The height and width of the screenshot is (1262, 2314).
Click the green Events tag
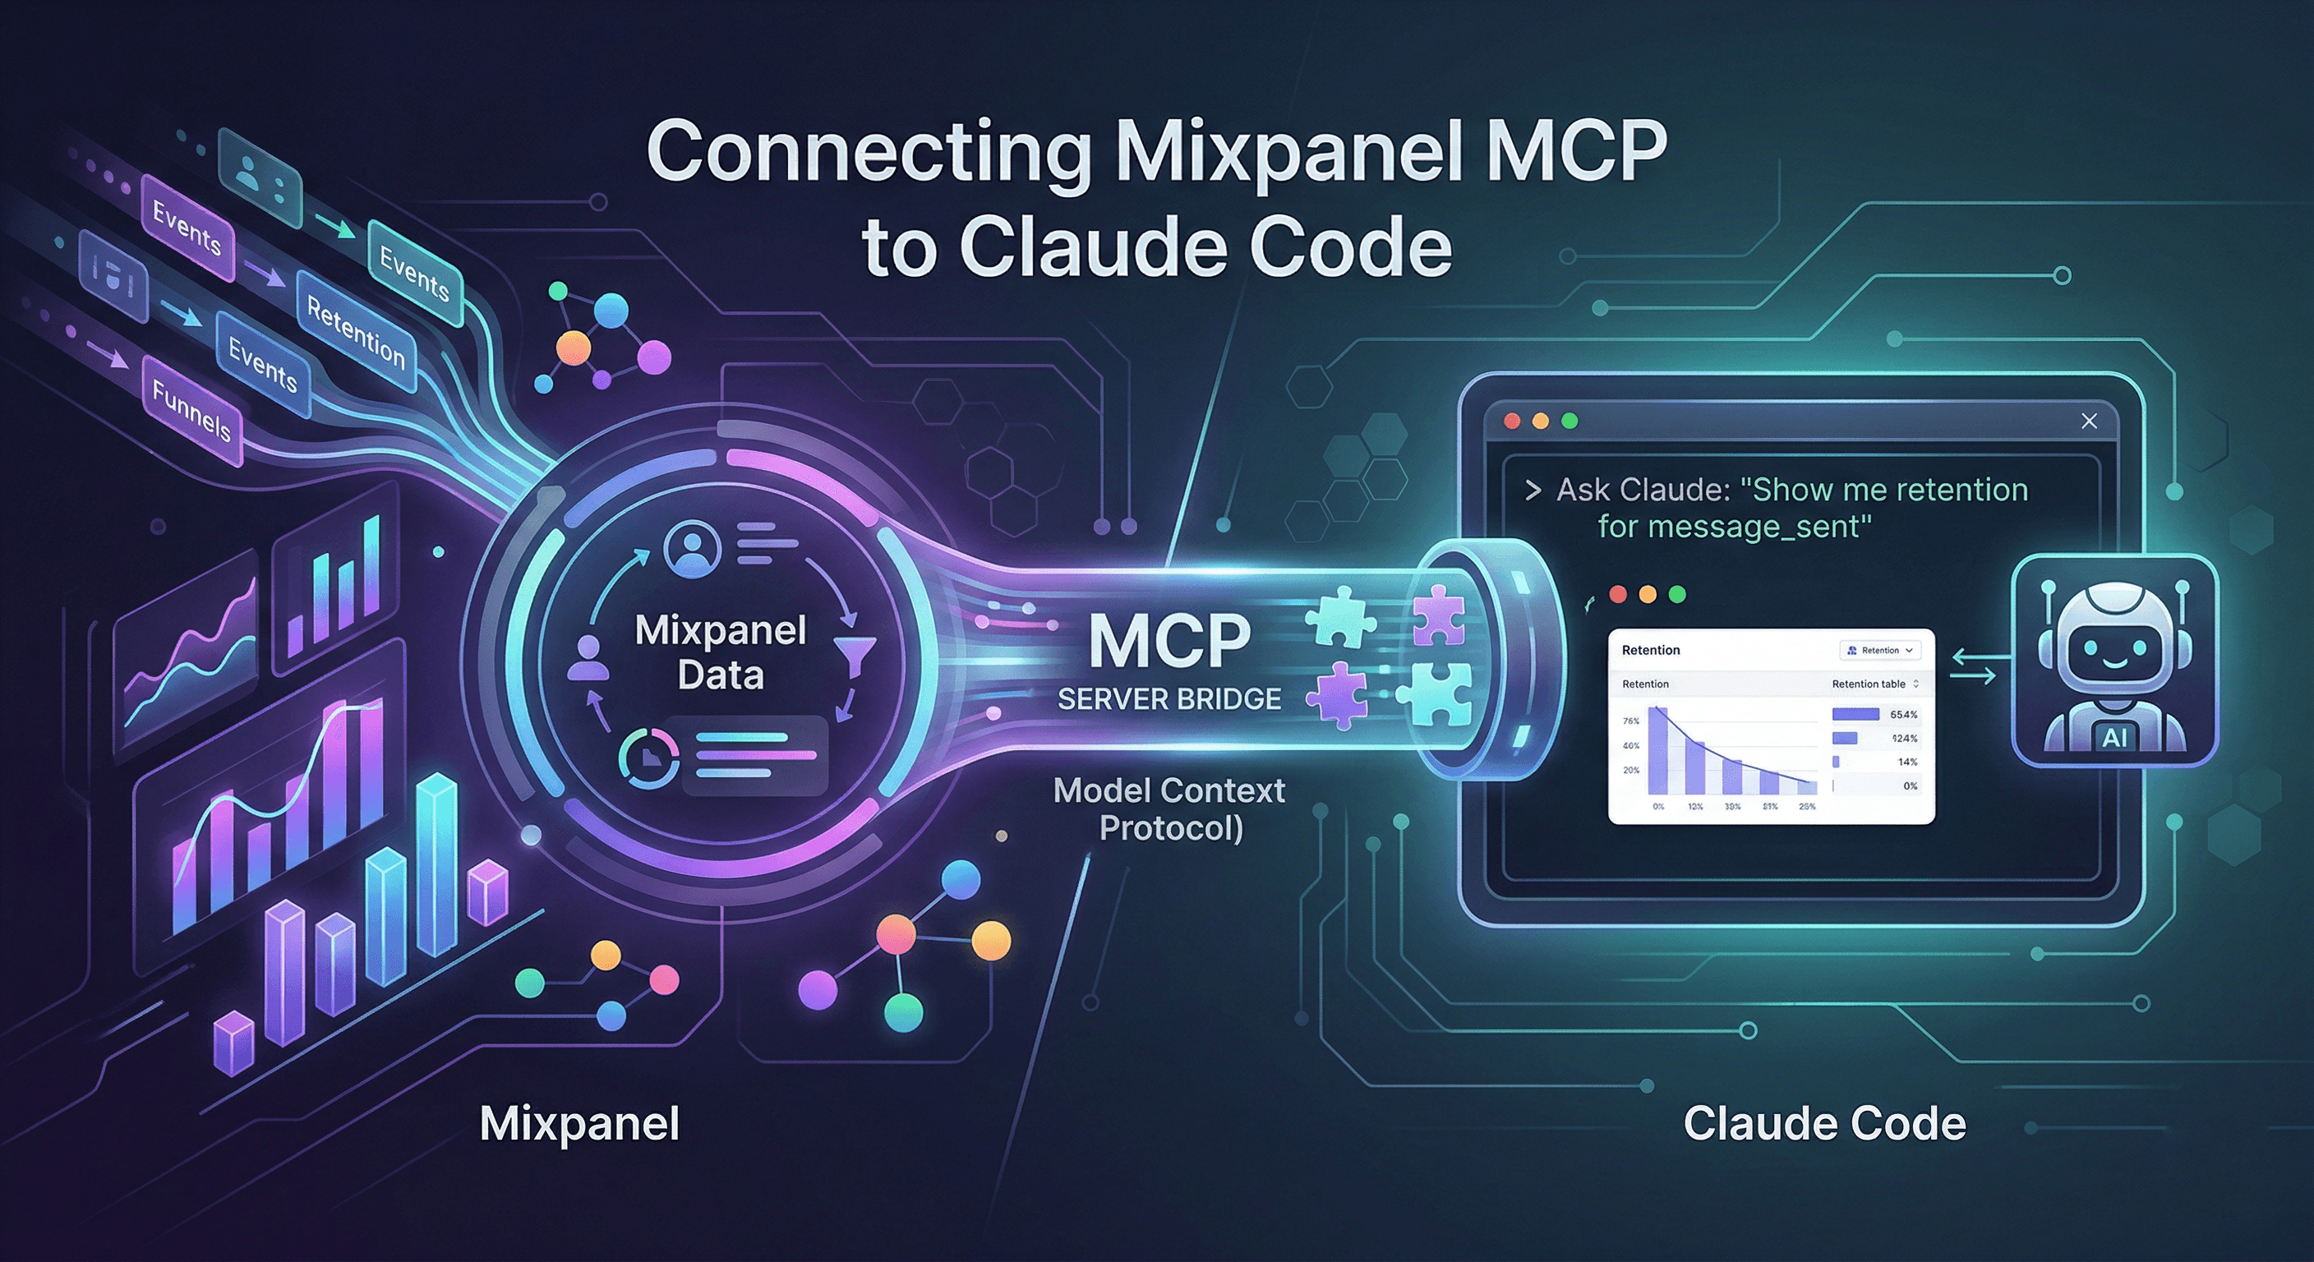coord(414,272)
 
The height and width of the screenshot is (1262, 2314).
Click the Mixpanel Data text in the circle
coord(721,652)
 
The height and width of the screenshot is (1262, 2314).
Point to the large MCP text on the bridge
coord(1169,642)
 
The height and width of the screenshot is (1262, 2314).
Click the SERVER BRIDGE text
coord(1169,699)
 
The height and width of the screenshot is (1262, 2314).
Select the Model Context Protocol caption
coord(1169,808)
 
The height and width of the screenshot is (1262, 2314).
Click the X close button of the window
coord(2090,421)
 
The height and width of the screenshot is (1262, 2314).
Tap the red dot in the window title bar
coord(1513,421)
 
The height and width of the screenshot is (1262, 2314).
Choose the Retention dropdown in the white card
coord(1880,651)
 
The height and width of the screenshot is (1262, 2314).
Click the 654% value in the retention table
coord(1903,715)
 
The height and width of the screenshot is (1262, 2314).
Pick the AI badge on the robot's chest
coord(2114,738)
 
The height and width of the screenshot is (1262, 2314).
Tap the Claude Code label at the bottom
coord(1823,1124)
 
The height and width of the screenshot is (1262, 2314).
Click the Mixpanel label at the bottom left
coord(579,1124)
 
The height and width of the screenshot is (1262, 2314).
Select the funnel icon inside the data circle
coord(855,653)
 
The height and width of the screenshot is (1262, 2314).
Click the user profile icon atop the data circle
coord(692,548)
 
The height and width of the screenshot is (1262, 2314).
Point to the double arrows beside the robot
coord(1973,667)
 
